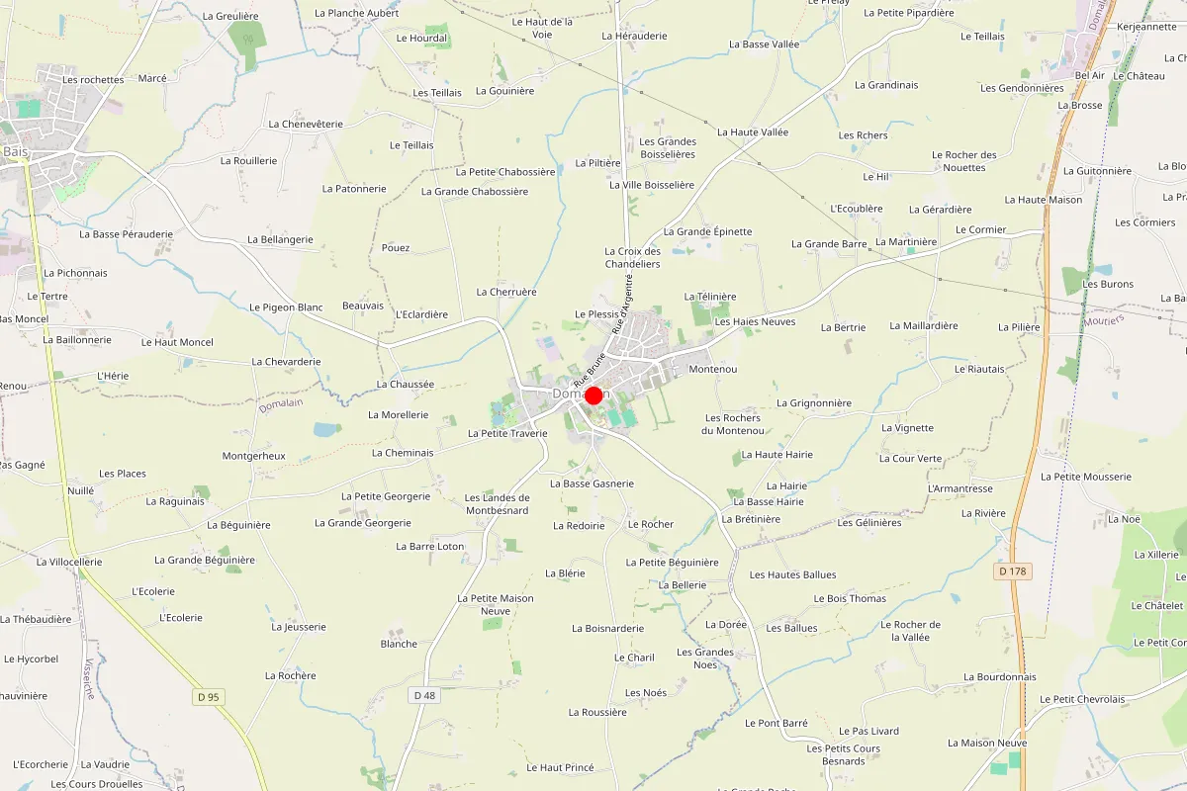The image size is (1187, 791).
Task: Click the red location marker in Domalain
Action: point(593,395)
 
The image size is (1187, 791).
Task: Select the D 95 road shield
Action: point(208,697)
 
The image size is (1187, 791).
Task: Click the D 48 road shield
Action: point(423,695)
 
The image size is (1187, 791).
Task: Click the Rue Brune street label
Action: point(588,369)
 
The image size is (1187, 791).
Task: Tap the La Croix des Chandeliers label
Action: point(632,257)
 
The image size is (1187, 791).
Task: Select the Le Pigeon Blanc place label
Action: point(286,308)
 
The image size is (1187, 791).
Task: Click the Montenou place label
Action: point(712,369)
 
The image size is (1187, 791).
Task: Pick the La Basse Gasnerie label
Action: point(592,483)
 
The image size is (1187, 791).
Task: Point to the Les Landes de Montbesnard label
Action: point(497,504)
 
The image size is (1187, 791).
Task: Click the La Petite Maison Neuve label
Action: point(495,604)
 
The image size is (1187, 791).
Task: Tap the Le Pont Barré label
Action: point(776,723)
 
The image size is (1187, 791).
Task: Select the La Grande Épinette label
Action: point(707,231)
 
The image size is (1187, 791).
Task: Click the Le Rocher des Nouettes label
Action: point(963,161)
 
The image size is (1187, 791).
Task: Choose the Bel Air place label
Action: point(1089,75)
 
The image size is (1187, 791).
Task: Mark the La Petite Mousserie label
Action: point(1085,477)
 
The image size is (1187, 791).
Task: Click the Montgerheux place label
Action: point(253,456)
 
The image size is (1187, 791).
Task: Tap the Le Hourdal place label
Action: point(421,39)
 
